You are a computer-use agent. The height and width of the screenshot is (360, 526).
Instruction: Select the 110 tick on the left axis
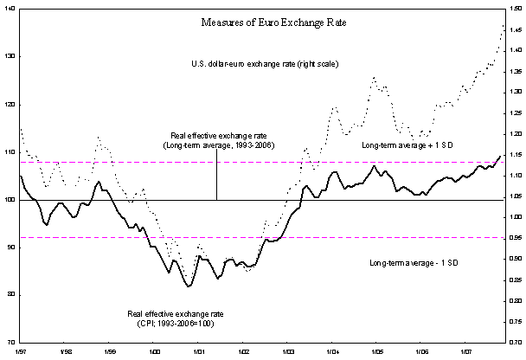9,151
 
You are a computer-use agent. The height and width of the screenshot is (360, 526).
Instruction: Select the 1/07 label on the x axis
465,352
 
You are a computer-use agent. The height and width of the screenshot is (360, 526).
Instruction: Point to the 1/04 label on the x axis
332,352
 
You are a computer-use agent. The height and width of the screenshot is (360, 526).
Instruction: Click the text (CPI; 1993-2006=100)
175,322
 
